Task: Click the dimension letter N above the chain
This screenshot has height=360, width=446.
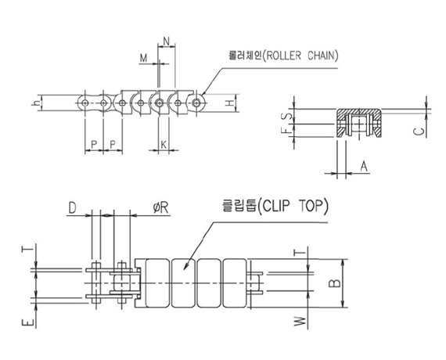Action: pyautogui.click(x=167, y=41)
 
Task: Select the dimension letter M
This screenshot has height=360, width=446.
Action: pyautogui.click(x=144, y=58)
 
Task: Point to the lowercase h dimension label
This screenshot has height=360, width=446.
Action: pyautogui.click(x=36, y=103)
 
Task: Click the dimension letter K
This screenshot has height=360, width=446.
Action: pyautogui.click(x=164, y=145)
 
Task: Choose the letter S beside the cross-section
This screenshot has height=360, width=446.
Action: pyautogui.click(x=288, y=116)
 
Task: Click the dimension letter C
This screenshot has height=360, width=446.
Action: pyautogui.click(x=419, y=131)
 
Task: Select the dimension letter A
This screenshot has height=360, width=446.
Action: pyautogui.click(x=364, y=167)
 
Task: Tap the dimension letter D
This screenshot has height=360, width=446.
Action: pyautogui.click(x=73, y=207)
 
